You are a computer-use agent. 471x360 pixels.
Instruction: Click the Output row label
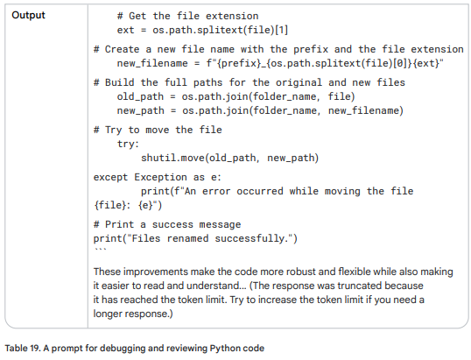28,15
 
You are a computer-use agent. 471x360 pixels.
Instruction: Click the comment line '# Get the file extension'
187,16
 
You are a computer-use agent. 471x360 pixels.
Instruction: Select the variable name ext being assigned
125,30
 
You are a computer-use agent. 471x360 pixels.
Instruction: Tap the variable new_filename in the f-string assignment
152,63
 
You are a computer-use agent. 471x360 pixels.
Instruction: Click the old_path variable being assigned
140,96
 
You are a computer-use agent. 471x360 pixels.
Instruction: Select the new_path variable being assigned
141,110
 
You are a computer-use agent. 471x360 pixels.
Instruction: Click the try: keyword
128,144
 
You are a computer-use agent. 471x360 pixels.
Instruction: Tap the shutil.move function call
173,158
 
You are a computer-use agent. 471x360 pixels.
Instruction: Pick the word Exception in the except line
160,177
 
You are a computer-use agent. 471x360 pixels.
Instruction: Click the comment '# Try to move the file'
158,130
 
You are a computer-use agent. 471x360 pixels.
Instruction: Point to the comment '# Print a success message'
167,224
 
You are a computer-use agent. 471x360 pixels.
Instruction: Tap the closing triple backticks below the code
100,250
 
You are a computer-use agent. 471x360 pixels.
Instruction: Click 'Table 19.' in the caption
23,348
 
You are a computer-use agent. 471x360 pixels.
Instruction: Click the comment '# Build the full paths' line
249,82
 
